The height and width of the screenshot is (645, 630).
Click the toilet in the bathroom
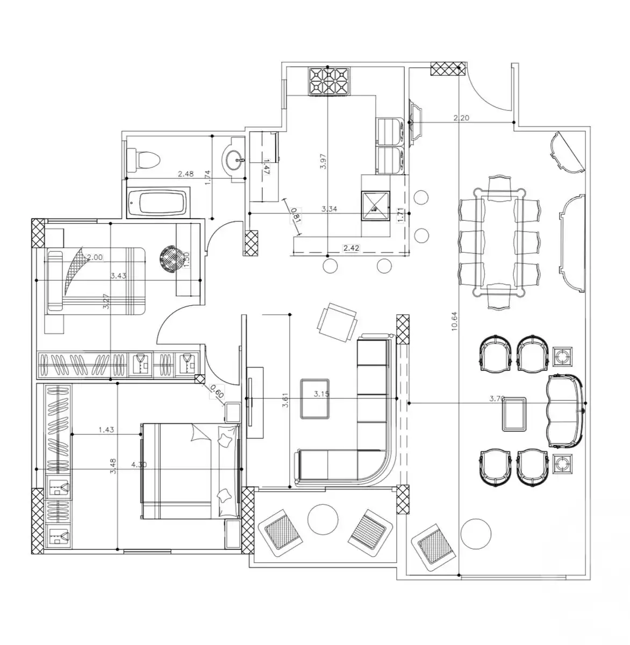(144, 159)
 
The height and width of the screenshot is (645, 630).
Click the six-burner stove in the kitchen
(328, 82)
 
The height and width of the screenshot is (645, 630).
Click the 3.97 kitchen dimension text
(323, 161)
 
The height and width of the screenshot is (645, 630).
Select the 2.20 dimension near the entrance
(462, 118)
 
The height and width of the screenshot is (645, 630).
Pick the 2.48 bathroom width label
(186, 174)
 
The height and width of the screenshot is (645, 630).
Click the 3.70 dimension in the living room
(497, 399)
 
